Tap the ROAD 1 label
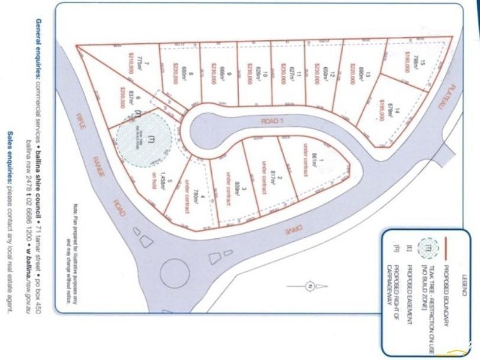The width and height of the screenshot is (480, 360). (271, 121)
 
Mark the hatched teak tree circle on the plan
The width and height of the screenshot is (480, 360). (143, 140)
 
